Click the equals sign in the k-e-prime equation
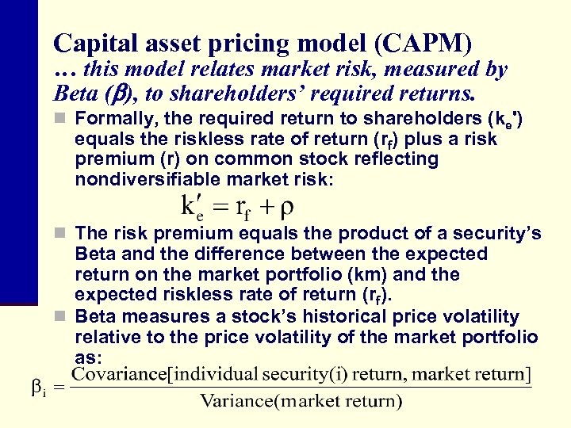click(x=220, y=208)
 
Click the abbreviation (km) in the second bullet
click(x=375, y=275)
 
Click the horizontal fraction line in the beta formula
click(x=301, y=387)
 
